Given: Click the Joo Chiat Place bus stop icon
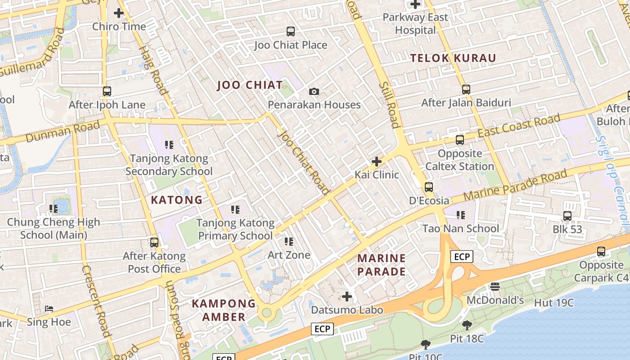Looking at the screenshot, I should (291, 31).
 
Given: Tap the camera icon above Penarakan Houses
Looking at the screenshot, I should (314, 92).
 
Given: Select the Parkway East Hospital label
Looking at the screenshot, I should (415, 24).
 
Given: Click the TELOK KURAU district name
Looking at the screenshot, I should (453, 58).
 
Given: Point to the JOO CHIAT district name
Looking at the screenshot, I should (250, 85).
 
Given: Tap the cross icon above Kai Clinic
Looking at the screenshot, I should (377, 161).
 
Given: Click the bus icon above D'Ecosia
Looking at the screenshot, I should (429, 187).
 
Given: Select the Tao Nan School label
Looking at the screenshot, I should (460, 229).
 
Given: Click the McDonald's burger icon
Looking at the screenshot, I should (495, 287).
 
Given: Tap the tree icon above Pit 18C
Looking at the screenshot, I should (467, 325).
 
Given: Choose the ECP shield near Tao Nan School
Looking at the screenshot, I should (462, 257).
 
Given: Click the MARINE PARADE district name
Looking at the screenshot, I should (382, 265).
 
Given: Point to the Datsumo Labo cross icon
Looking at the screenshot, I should (346, 297).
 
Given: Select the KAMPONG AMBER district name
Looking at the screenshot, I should (224, 310).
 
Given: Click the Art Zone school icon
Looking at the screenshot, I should (289, 242).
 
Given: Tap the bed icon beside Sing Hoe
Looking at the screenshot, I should (49, 309).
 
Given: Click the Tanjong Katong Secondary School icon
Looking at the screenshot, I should (169, 145).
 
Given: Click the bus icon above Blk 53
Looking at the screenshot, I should (567, 216).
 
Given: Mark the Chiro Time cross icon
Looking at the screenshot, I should (119, 13).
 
